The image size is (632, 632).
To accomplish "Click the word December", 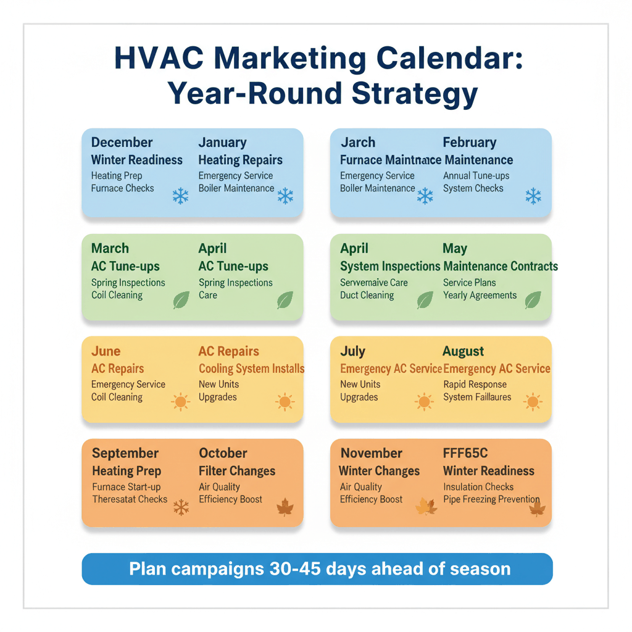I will coord(122,143).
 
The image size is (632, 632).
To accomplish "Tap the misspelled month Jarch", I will coord(358,143).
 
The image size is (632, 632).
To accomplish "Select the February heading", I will coord(470,143).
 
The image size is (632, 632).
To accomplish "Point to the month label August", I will coord(464,351).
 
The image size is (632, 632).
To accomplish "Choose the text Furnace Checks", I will coord(122,188).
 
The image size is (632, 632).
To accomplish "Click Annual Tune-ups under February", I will coord(476,176).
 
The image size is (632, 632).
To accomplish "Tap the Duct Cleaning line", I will coord(367,295).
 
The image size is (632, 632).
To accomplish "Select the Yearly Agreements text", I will coord(480,295).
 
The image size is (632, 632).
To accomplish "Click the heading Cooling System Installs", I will coord(251,368).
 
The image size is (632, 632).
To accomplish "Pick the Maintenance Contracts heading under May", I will coord(501,267).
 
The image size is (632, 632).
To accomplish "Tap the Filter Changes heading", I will coord(237,471).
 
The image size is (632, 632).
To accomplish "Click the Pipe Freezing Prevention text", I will coord(491,499).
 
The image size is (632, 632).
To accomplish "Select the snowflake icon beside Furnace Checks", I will coord(180,197).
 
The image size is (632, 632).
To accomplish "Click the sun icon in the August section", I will coord(533,402).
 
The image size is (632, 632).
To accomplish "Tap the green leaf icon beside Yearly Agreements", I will coord(533,300).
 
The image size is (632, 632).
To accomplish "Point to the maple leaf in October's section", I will coord(285,508).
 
